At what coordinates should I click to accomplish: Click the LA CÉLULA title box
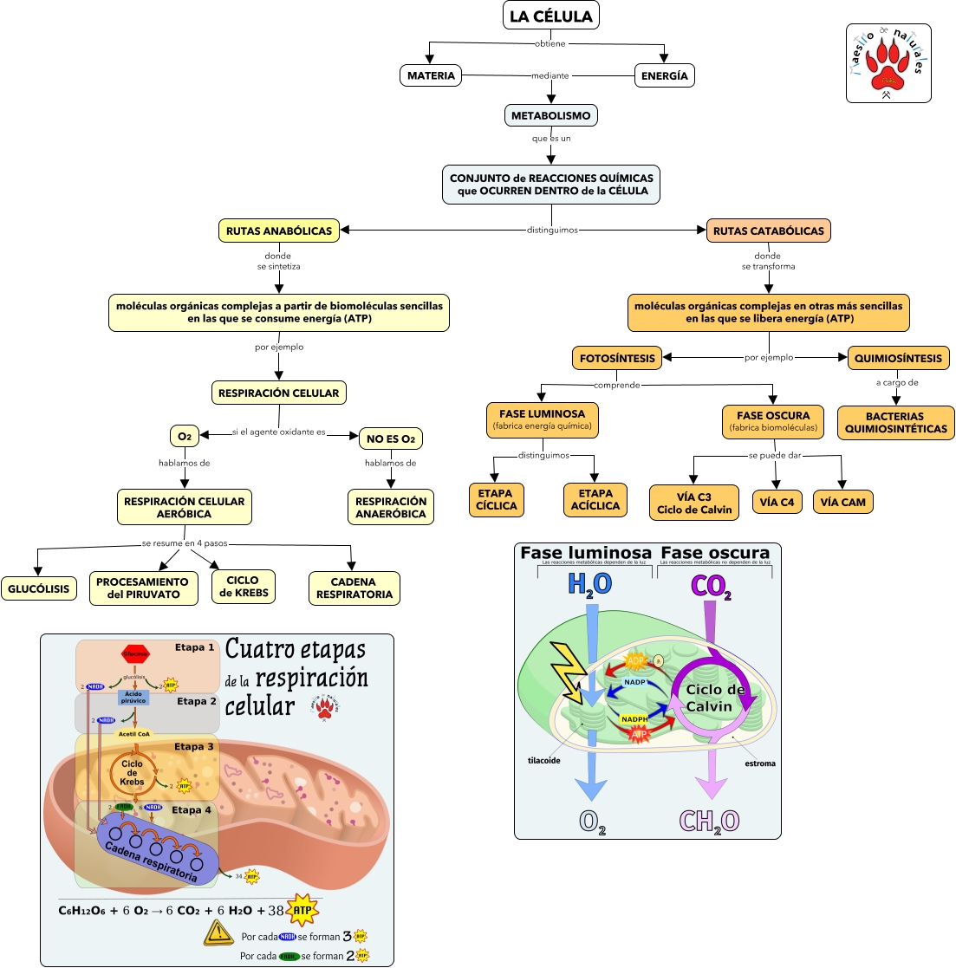[550, 16]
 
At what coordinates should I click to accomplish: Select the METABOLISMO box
[550, 115]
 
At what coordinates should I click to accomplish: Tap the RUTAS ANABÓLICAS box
[278, 231]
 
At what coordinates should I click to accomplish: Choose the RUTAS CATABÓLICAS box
[769, 231]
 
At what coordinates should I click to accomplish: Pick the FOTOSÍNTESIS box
[617, 358]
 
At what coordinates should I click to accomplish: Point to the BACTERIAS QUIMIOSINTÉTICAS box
[895, 422]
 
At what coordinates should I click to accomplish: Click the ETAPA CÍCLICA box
[496, 499]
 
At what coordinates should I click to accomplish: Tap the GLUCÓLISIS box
[39, 589]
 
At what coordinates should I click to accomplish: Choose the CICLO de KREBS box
[243, 587]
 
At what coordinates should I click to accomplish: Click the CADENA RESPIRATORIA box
[354, 588]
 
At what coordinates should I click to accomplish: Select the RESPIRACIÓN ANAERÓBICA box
[390, 507]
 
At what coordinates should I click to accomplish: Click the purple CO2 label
[711, 587]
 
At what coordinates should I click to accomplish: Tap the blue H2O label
[589, 585]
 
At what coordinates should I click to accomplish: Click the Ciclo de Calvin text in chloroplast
[715, 698]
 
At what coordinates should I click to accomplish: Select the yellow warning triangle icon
[218, 932]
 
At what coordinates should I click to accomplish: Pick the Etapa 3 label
[193, 746]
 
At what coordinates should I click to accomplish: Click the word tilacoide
[544, 761]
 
